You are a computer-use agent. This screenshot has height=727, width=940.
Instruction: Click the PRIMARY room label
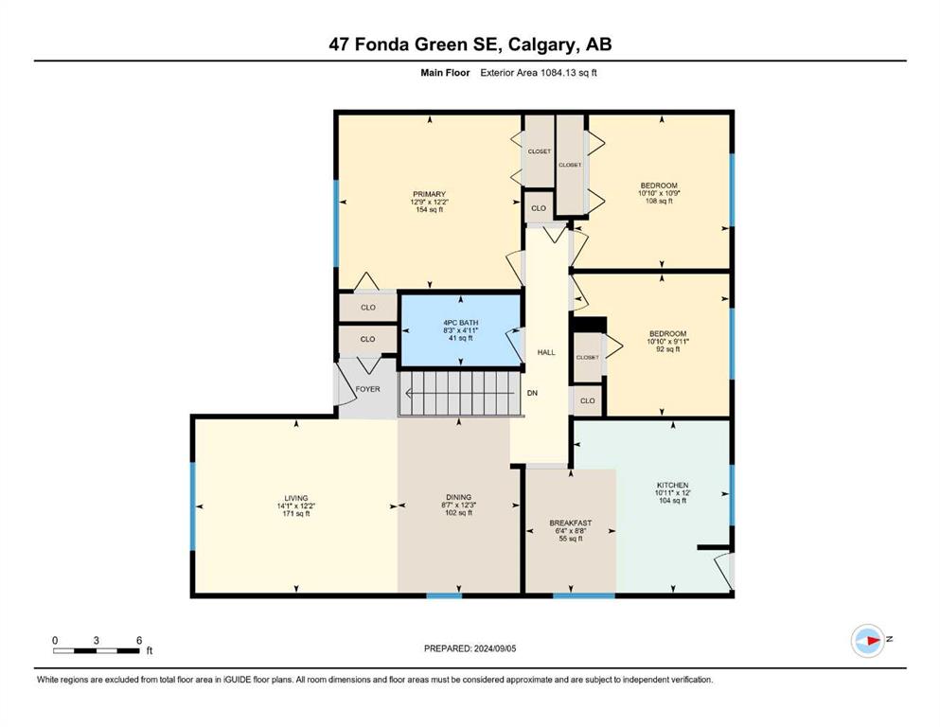[x=429, y=194]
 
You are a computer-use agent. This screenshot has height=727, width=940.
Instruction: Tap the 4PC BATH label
[x=460, y=323]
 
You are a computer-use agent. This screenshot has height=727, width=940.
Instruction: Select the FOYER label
[x=367, y=389]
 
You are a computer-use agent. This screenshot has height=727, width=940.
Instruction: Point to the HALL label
[x=546, y=352]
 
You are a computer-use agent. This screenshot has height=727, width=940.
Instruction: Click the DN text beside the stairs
[x=532, y=393]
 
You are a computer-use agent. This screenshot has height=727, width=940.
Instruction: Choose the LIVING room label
[x=296, y=498]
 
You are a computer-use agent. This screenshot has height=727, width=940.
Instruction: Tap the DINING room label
[x=458, y=497]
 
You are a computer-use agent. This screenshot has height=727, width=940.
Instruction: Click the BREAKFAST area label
[x=571, y=523]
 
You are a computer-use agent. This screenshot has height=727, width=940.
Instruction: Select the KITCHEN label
[x=673, y=485]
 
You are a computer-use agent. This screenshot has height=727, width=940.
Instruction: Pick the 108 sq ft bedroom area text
[x=659, y=202]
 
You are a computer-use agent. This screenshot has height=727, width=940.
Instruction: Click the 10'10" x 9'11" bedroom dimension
[x=667, y=342]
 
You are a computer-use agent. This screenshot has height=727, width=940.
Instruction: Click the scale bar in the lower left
[x=97, y=651]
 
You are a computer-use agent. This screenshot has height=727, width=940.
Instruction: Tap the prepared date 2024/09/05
[x=494, y=648]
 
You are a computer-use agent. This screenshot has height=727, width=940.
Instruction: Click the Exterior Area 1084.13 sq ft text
[x=539, y=73]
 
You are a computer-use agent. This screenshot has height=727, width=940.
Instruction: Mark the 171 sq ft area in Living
[x=296, y=514]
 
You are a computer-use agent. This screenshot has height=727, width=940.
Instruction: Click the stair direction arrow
[x=460, y=394]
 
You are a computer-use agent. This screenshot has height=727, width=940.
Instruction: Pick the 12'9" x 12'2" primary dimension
[x=429, y=202]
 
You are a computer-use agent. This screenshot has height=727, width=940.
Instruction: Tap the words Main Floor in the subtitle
[x=445, y=73]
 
